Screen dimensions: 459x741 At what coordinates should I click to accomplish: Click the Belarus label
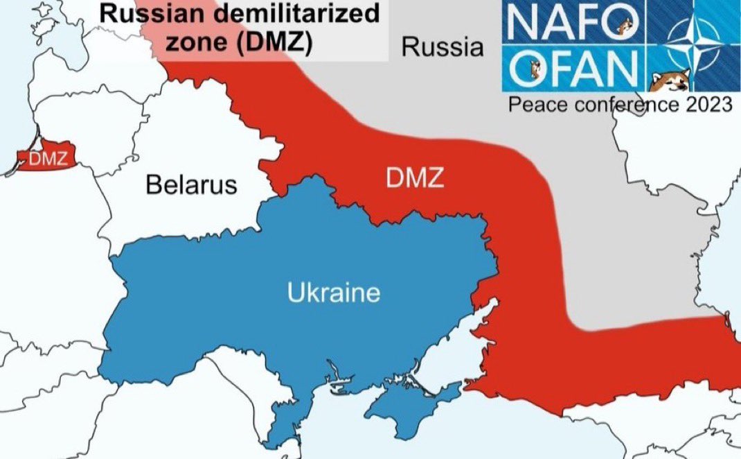coord(191,185)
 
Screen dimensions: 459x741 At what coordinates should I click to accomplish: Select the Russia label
coord(443,48)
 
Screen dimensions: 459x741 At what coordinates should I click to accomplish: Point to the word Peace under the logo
coord(530,105)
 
